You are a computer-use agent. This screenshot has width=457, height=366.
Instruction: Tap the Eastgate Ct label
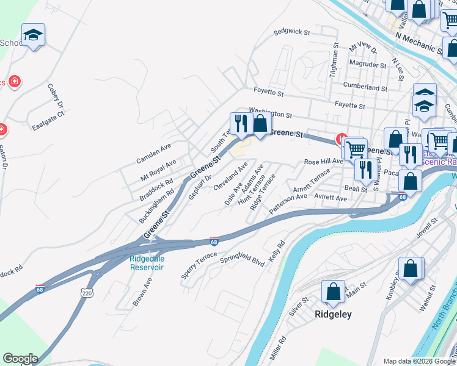click(48, 122)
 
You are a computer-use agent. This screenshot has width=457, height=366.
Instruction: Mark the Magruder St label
click(368, 64)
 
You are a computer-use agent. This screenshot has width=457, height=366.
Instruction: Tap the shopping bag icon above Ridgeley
click(333, 292)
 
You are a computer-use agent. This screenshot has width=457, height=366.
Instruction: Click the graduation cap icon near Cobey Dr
click(33, 36)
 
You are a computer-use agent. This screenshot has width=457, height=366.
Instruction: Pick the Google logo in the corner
click(20, 359)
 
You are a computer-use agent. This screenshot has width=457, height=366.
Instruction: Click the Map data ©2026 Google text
click(419, 361)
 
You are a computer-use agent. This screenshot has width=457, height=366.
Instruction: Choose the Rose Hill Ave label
click(324, 162)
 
